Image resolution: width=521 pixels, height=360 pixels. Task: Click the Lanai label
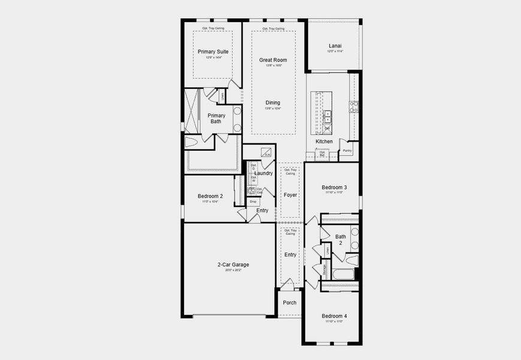pyautogui.click(x=335, y=46)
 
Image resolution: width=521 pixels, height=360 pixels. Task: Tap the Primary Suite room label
pyautogui.click(x=213, y=52)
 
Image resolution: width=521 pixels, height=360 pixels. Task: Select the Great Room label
pyautogui.click(x=273, y=60)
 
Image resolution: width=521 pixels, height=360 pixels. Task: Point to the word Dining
pyautogui.click(x=273, y=103)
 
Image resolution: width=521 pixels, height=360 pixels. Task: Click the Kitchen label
pyautogui.click(x=324, y=142)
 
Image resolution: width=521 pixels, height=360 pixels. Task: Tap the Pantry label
pyautogui.click(x=347, y=151)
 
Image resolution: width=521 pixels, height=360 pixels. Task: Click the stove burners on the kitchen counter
pyautogui.click(x=354, y=107)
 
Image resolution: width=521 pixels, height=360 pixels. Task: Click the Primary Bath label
pyautogui.click(x=216, y=118)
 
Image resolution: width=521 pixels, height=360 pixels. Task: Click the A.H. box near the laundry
pyautogui.click(x=266, y=152)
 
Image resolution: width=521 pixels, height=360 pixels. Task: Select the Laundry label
pyautogui.click(x=264, y=173)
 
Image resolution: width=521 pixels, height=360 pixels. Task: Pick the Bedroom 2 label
pyautogui.click(x=210, y=196)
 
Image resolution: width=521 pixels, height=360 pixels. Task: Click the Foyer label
pyautogui.click(x=290, y=195)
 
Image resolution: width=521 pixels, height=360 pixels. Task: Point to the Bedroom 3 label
pyautogui.click(x=334, y=187)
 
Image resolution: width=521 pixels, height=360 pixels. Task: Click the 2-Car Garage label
pyautogui.click(x=233, y=265)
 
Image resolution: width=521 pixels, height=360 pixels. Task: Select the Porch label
pyautogui.click(x=290, y=302)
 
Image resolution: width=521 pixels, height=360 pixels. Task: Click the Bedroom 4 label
pyautogui.click(x=334, y=316)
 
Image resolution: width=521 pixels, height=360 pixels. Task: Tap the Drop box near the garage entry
pyautogui.click(x=253, y=202)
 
